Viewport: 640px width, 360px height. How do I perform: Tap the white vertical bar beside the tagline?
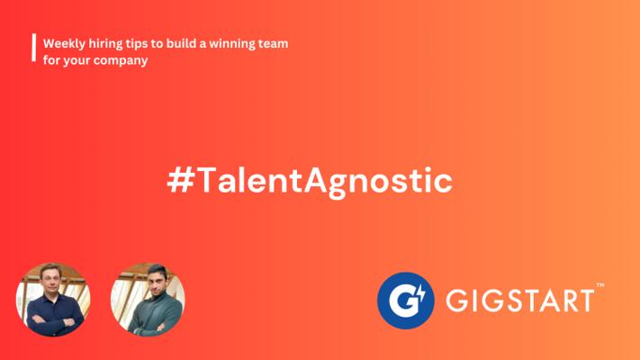[34, 48]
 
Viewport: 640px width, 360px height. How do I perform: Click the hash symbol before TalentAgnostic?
[180, 180]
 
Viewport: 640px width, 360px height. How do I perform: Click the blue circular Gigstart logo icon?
[405, 301]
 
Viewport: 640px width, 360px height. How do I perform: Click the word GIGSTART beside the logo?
[519, 301]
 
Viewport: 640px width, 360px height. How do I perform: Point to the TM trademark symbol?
[600, 285]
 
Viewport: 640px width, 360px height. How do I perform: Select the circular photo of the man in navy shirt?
[53, 300]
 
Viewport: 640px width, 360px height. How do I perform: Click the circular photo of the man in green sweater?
[148, 300]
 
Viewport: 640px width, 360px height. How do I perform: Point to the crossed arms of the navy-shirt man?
[52, 319]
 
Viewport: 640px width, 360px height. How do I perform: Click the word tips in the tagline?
[136, 44]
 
